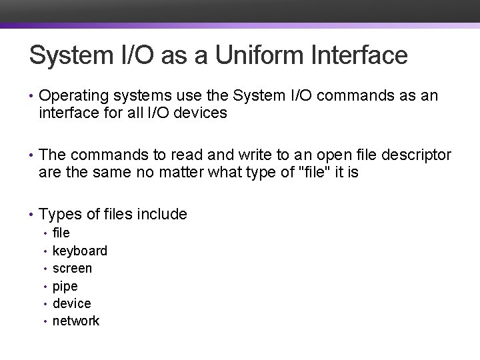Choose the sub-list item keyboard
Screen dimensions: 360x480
pos(79,251)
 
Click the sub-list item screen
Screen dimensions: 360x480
pos(72,268)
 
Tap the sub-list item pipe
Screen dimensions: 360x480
pos(65,286)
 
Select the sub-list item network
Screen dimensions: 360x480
pos(75,321)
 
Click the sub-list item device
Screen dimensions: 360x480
pos(71,303)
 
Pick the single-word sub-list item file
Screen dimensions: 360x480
pos(61,233)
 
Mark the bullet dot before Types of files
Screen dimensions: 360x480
pos(31,215)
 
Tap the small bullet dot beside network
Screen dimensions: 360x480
pos(45,321)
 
